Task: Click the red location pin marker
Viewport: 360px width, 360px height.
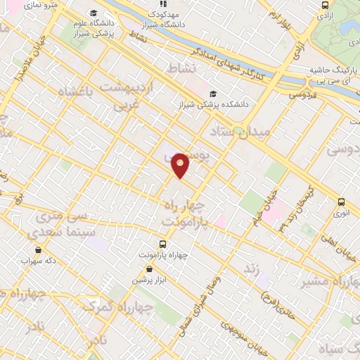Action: coord(181,165)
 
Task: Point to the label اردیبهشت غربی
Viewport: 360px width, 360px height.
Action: coord(134,94)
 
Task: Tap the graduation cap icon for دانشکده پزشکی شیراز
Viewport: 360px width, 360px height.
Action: coord(213,94)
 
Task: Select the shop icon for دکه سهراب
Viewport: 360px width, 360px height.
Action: coord(37,249)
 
